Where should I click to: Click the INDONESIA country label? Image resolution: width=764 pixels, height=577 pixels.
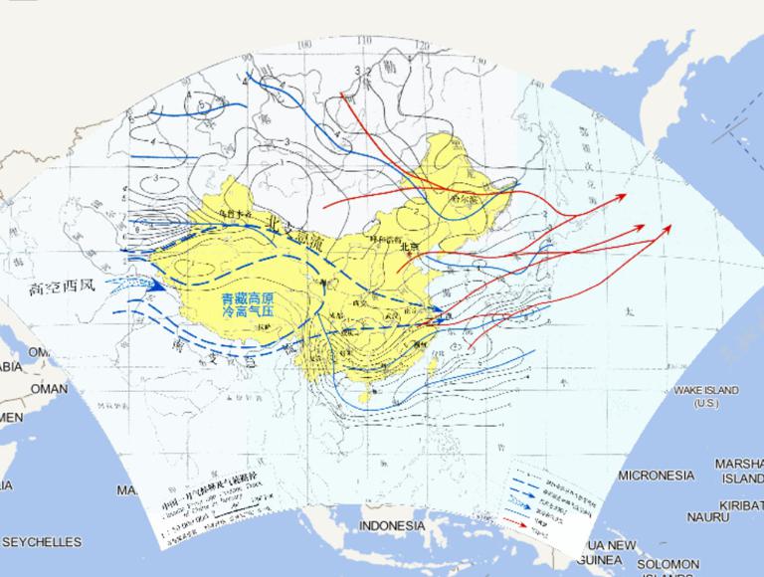[x=391, y=525]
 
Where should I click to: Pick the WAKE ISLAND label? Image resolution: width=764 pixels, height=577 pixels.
[x=707, y=390]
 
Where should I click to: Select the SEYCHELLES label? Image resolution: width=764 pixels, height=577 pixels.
[x=41, y=542]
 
